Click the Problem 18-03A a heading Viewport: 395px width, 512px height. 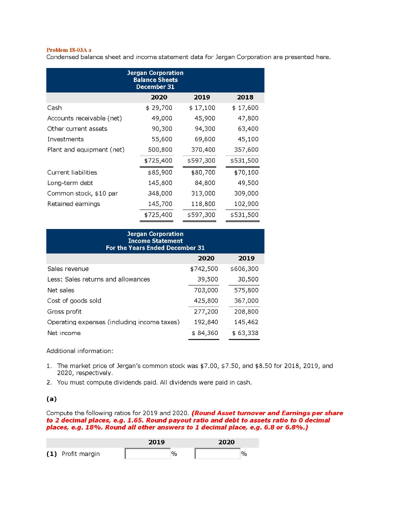tap(69, 50)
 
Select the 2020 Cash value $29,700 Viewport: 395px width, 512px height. tap(159, 107)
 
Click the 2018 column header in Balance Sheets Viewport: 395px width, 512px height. tap(245, 97)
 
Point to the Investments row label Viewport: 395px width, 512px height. tap(65, 139)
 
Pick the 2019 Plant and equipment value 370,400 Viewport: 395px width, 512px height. tap(203, 149)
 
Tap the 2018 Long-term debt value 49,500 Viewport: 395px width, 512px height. tap(248, 182)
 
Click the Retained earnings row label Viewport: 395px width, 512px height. tap(73, 203)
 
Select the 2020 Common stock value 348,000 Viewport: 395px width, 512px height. tap(160, 193)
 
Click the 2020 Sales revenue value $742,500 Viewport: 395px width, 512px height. tap(204, 268)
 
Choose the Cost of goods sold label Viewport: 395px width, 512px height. tap(74, 300)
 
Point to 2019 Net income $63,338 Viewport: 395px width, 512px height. tap(245, 332)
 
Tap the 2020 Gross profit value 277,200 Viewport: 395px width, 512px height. tap(206, 311)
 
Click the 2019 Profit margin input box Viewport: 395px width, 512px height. tap(147, 453)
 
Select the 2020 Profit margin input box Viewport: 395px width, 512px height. tap(217, 453)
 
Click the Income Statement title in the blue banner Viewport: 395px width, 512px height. tap(155, 241)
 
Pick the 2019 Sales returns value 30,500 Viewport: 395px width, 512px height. tap(248, 279)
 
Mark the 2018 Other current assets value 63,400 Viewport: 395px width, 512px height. tap(248, 128)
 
